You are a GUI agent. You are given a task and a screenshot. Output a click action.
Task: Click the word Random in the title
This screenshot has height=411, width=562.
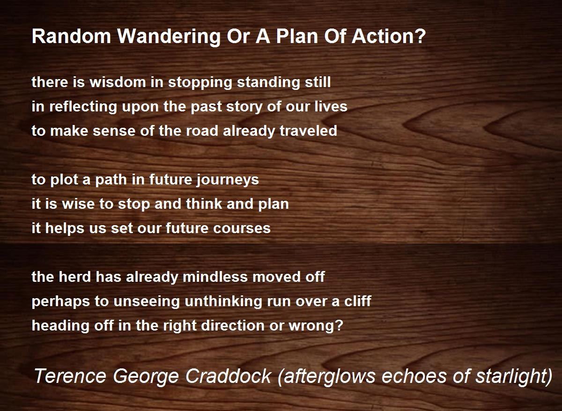(71, 37)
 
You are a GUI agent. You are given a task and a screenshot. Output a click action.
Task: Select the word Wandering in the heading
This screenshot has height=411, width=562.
(169, 37)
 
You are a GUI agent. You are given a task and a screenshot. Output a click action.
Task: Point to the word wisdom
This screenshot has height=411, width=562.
(118, 82)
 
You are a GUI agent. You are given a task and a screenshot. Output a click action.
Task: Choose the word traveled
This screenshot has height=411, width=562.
(308, 131)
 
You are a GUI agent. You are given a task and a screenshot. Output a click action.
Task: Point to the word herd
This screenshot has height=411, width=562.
(74, 277)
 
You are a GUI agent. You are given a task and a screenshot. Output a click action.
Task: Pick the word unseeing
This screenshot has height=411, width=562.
(147, 301)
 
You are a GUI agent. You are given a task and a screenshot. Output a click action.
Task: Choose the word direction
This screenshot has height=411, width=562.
(233, 325)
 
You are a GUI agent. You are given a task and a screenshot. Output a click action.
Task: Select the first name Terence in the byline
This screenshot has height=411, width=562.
(70, 376)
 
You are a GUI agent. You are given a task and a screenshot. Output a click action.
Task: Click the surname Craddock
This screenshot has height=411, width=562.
(229, 376)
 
